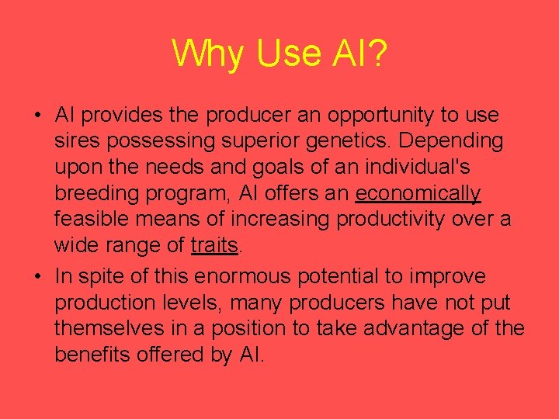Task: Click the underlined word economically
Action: (x=418, y=194)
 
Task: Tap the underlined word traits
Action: (x=214, y=246)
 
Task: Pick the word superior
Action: (x=247, y=142)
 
